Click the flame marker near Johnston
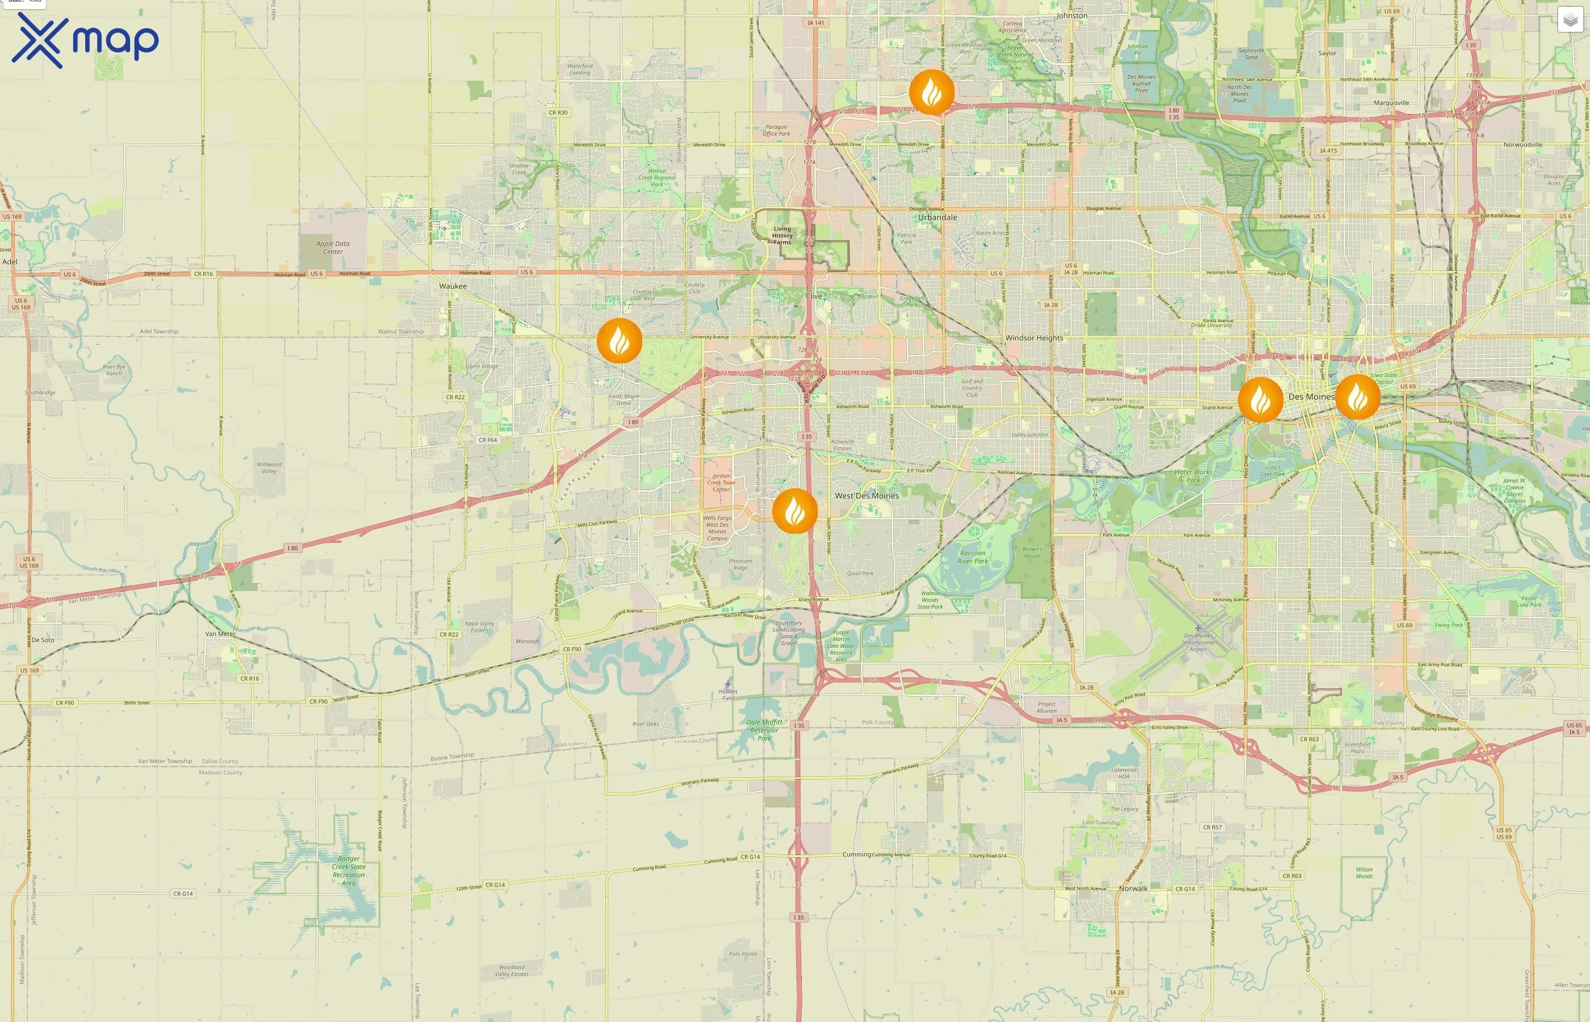click(x=932, y=91)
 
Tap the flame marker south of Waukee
click(x=619, y=341)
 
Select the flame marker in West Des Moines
click(x=794, y=511)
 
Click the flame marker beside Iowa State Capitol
click(x=1358, y=397)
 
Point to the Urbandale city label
click(x=937, y=217)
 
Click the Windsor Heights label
click(x=1034, y=338)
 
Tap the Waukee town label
click(x=453, y=286)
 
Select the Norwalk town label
click(x=1133, y=888)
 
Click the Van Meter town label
click(x=220, y=634)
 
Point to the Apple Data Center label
click(x=333, y=248)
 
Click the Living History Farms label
click(x=782, y=236)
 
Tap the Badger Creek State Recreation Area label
click(x=349, y=871)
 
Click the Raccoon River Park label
click(x=973, y=557)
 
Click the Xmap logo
click(x=85, y=40)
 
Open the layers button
click(x=1570, y=20)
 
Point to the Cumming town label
click(x=856, y=854)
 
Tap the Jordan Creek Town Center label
click(x=721, y=483)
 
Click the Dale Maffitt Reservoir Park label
click(x=764, y=730)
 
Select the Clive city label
click(x=814, y=296)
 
